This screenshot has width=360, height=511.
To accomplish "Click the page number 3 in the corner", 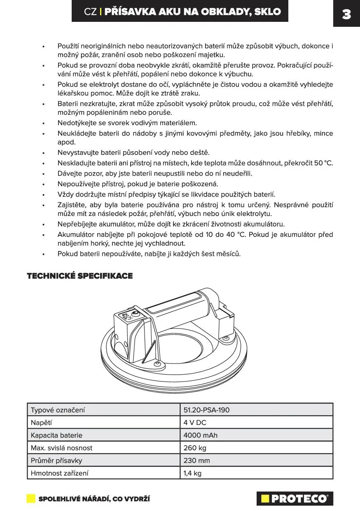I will click(x=346, y=14).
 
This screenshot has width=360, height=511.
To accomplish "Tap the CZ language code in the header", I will click(x=90, y=12).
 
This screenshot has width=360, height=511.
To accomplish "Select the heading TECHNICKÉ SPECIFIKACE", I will click(x=80, y=276).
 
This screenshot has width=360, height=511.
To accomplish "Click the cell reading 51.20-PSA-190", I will click(x=207, y=410).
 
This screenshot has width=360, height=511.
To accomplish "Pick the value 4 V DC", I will click(x=195, y=422).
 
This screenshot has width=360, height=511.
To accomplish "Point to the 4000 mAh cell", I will click(x=201, y=435).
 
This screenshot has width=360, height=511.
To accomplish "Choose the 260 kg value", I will click(x=195, y=448).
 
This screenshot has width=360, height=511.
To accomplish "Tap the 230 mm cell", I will click(x=197, y=460).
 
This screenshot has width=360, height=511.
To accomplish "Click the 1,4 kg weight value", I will click(x=193, y=473).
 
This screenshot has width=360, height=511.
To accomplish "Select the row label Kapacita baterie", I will click(x=56, y=435).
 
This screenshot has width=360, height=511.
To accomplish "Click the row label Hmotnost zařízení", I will click(x=59, y=473).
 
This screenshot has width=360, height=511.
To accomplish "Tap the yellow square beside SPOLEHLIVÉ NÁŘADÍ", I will click(x=31, y=499).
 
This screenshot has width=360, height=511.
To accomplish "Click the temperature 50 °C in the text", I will click(x=323, y=163).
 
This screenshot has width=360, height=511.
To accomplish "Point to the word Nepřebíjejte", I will click(x=77, y=224).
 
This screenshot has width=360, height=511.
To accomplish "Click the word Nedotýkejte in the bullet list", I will click(x=77, y=123).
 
